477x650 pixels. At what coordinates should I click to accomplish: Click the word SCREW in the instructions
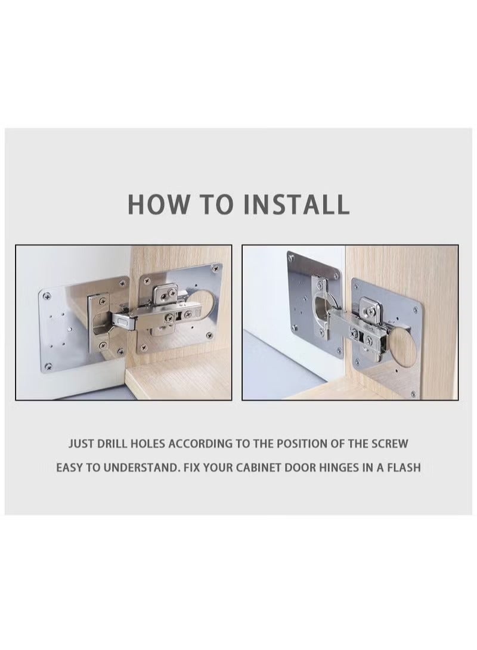point(388,444)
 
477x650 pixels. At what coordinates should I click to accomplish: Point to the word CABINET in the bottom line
point(258,468)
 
